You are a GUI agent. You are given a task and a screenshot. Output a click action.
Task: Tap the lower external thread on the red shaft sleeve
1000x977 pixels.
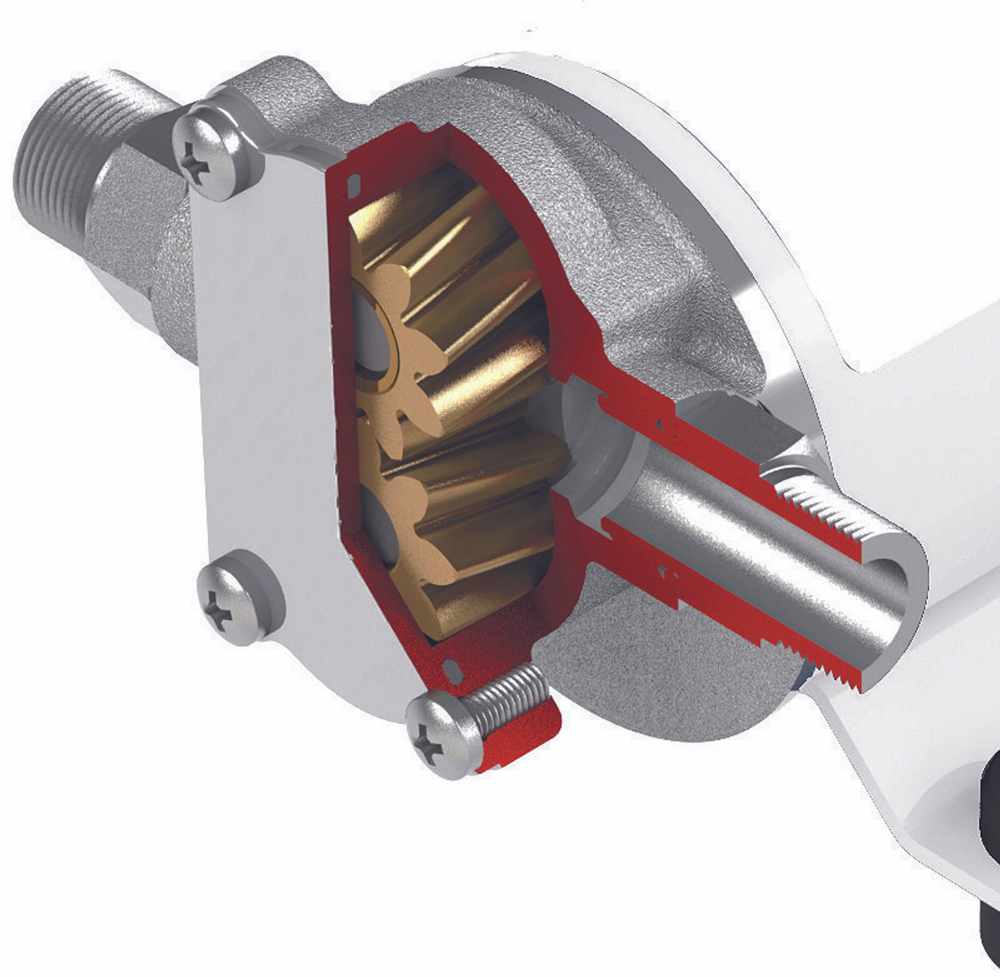[x=828, y=664]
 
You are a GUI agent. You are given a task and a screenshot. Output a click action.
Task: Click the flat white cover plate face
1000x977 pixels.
[x=258, y=375]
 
